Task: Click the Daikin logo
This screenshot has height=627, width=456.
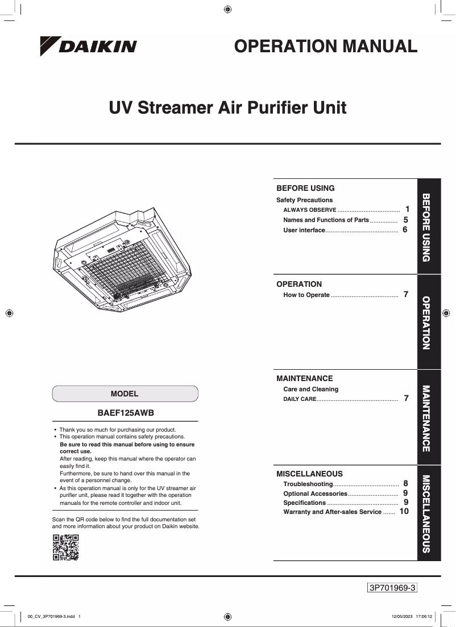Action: click(x=88, y=47)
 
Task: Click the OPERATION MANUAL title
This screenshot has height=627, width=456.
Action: click(x=326, y=47)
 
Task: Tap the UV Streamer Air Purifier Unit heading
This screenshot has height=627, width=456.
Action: click(x=227, y=107)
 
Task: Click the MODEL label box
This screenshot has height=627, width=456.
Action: click(x=125, y=394)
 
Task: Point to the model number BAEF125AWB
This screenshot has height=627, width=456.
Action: click(x=126, y=413)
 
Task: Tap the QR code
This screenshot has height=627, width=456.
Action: click(x=65, y=547)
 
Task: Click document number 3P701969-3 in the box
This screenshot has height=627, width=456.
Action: click(x=393, y=588)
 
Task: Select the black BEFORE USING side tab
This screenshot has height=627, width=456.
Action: click(x=429, y=226)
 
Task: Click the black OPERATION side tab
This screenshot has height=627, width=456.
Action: click(x=429, y=322)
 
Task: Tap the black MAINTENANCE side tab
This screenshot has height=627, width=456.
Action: click(x=429, y=417)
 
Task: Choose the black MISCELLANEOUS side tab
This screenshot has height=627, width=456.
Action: click(x=429, y=513)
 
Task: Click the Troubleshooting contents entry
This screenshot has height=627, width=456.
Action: click(x=308, y=484)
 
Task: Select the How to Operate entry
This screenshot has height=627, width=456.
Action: click(x=306, y=295)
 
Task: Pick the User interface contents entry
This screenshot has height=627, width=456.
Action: click(x=304, y=230)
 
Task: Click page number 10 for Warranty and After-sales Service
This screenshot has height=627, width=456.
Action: click(x=404, y=512)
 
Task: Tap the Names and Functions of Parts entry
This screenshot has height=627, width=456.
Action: click(x=326, y=220)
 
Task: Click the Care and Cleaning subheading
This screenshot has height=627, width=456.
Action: click(x=310, y=389)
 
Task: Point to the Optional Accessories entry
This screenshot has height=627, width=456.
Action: click(x=315, y=494)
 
